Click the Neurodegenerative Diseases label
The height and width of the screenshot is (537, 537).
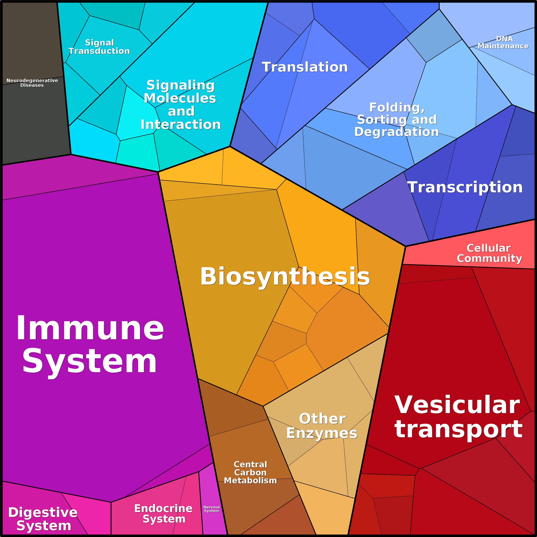click(x=32, y=83)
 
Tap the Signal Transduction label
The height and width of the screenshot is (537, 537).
click(x=99, y=47)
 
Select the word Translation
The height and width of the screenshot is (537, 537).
click(x=305, y=67)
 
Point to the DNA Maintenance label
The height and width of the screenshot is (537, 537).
click(x=503, y=42)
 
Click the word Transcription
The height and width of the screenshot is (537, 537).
click(x=465, y=187)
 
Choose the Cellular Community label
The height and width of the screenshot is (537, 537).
click(x=490, y=253)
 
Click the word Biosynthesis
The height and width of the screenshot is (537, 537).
click(x=285, y=277)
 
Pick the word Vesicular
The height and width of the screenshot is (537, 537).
click(x=457, y=405)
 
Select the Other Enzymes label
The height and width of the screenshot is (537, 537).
click(x=322, y=426)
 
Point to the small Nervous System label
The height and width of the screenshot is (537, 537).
click(x=211, y=509)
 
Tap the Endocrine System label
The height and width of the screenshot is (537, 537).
click(x=164, y=513)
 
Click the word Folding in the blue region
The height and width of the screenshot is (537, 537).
click(x=397, y=107)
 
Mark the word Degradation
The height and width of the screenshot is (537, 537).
click(x=396, y=131)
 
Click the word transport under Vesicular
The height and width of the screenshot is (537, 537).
click(x=458, y=430)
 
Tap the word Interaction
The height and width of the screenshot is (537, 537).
click(x=181, y=124)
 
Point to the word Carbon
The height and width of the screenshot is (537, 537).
click(x=250, y=472)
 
